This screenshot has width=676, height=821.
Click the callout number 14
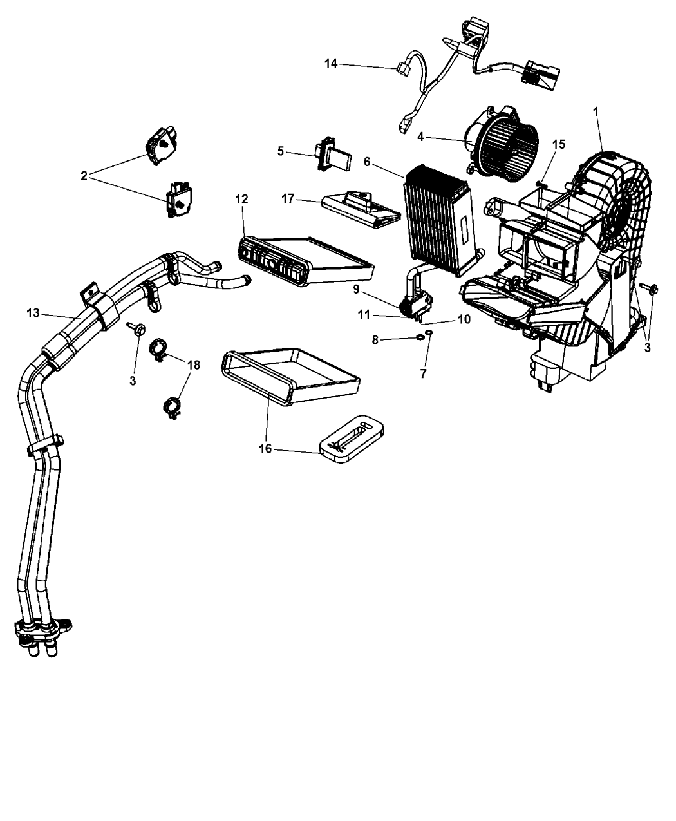click(x=331, y=63)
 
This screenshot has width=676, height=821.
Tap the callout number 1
click(x=596, y=111)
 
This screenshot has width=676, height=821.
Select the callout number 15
click(x=558, y=144)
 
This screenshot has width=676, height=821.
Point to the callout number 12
click(x=241, y=199)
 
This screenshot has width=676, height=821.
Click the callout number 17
click(x=288, y=199)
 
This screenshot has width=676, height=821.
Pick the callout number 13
click(x=33, y=313)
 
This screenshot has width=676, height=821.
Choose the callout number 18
click(x=194, y=365)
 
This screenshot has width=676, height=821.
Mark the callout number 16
click(x=265, y=449)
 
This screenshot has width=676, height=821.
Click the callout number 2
click(x=84, y=176)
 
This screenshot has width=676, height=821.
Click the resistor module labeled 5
click(x=333, y=154)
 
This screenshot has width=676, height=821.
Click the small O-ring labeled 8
click(x=420, y=337)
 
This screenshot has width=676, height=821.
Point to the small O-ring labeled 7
click(x=429, y=333)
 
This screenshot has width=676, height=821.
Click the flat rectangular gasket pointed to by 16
click(x=352, y=439)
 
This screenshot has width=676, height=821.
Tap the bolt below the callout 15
click(x=541, y=183)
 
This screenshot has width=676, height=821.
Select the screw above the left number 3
click(x=136, y=329)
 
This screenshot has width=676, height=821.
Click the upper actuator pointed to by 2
click(x=161, y=146)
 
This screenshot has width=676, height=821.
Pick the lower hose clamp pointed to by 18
click(x=172, y=408)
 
